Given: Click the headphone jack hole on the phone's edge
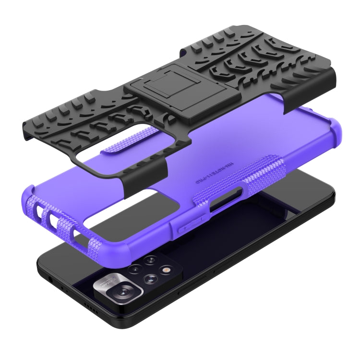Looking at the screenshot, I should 49,277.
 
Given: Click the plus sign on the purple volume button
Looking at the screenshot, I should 184,230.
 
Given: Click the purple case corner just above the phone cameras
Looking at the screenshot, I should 96,240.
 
